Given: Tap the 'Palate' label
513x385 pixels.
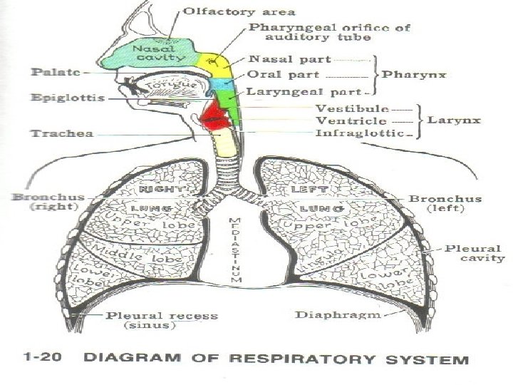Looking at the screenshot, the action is [x=51, y=73].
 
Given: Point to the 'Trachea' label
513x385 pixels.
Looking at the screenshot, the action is [x=52, y=133].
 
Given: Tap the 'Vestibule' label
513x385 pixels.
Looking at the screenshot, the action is [x=352, y=109].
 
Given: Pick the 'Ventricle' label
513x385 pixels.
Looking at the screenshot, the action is [x=351, y=120].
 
